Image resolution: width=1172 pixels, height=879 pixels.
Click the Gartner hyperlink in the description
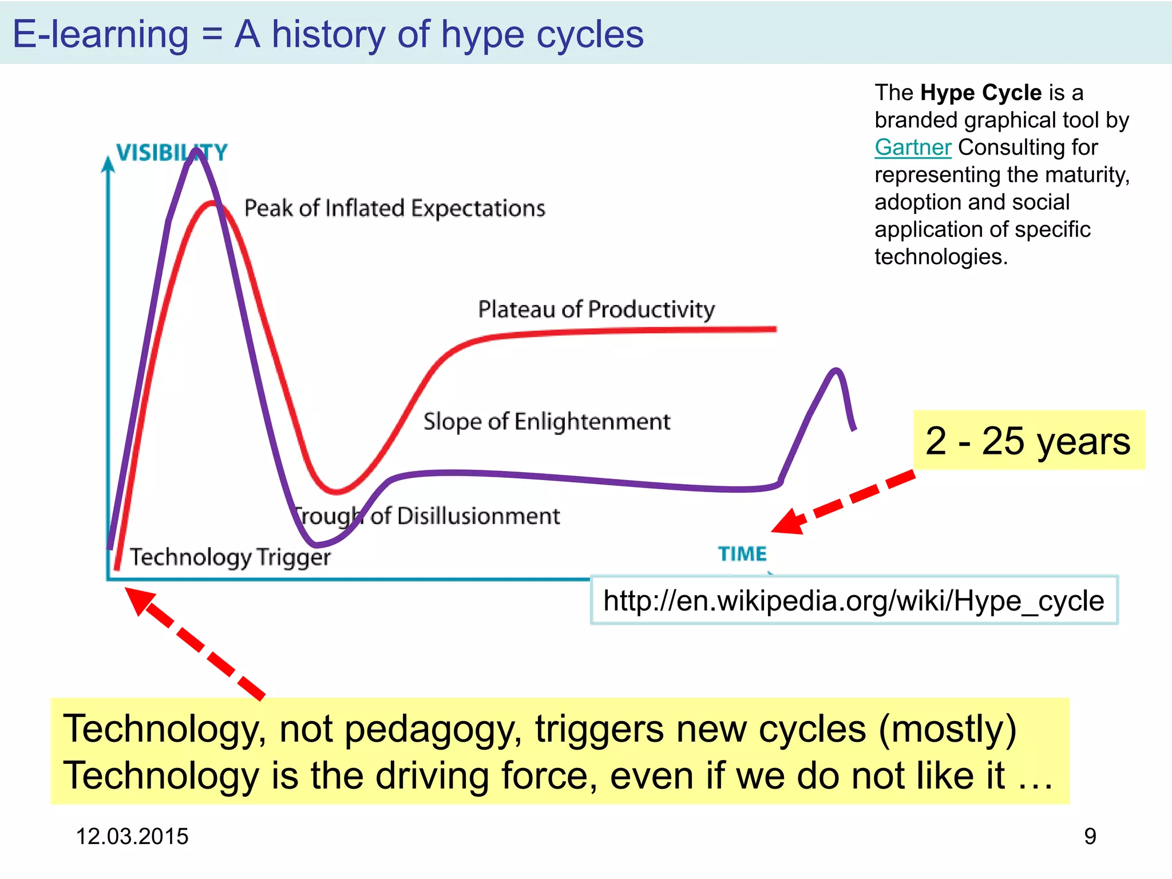click(912, 148)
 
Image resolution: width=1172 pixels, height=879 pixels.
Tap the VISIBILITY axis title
click(171, 153)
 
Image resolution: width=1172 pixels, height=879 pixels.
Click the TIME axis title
click(742, 554)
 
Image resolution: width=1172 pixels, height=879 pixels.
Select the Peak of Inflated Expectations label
click(394, 208)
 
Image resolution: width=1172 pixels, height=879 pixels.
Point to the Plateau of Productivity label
click(596, 310)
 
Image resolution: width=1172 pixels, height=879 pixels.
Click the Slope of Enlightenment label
click(546, 422)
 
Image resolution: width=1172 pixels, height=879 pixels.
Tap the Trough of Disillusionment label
click(427, 516)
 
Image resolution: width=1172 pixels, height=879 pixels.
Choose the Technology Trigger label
click(230, 557)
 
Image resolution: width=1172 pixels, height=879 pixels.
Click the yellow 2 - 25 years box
click(1028, 441)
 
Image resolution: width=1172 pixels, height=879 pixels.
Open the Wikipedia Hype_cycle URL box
click(853, 601)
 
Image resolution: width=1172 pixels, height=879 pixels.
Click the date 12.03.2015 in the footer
click(132, 837)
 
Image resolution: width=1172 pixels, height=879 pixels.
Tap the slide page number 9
click(1090, 837)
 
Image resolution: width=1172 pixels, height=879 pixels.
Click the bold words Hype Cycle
click(981, 93)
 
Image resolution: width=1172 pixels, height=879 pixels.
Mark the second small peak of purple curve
click(836, 371)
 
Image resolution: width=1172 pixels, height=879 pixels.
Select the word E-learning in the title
click(101, 34)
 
